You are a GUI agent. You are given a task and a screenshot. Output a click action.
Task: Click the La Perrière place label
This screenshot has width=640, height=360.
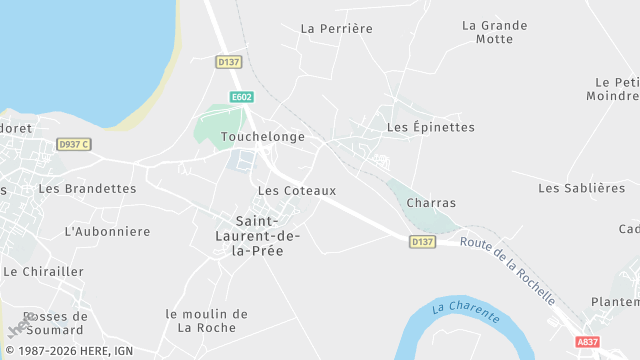[x=336, y=29]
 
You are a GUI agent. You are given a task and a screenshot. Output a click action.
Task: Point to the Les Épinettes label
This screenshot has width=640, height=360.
[x=430, y=128]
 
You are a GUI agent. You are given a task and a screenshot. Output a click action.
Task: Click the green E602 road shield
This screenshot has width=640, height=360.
[x=241, y=97]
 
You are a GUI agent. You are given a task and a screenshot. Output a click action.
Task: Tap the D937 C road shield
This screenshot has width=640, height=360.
[x=74, y=144]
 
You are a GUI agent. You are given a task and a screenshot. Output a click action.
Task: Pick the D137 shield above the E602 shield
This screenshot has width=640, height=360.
[x=229, y=62]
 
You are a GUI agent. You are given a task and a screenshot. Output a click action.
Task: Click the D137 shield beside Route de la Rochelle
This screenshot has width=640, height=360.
[x=422, y=242]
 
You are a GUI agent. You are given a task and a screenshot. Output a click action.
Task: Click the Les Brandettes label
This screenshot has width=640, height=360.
[x=87, y=188]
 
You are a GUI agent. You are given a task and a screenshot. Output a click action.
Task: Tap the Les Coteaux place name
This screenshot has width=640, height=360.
[x=297, y=190]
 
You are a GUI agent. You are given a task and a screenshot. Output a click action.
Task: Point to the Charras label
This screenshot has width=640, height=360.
[x=431, y=203]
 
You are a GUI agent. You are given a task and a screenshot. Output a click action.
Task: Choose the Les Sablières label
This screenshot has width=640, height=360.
[x=581, y=188]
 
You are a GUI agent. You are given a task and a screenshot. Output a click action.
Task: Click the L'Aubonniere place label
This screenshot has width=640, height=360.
[x=107, y=231]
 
